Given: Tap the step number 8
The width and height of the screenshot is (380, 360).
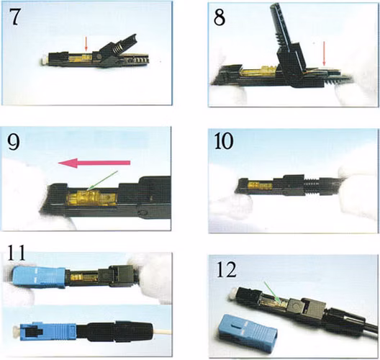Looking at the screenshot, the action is tap(220, 17).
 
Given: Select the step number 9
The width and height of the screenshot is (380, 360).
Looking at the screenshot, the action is tap(14, 142).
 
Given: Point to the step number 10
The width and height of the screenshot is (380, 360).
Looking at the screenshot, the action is tap(224, 141).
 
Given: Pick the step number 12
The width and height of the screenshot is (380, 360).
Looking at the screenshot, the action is tap(227, 269).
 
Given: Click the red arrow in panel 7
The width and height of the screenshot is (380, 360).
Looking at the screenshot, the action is tap(86, 44).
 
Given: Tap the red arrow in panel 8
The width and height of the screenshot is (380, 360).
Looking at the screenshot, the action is tap(324, 53).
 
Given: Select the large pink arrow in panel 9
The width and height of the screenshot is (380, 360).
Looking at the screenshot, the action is tap(94, 163).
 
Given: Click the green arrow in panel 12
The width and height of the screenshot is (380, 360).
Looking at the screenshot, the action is tap(272, 292).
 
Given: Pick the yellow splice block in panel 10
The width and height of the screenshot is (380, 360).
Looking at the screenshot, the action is tap(261, 186).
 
